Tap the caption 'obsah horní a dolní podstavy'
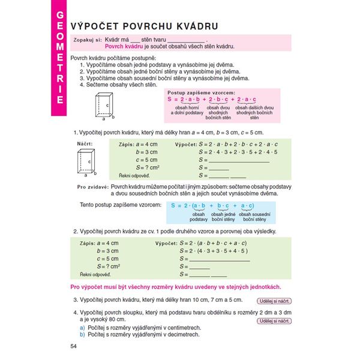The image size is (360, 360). [x=187, y=110]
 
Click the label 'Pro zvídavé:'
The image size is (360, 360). [x=92, y=187]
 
